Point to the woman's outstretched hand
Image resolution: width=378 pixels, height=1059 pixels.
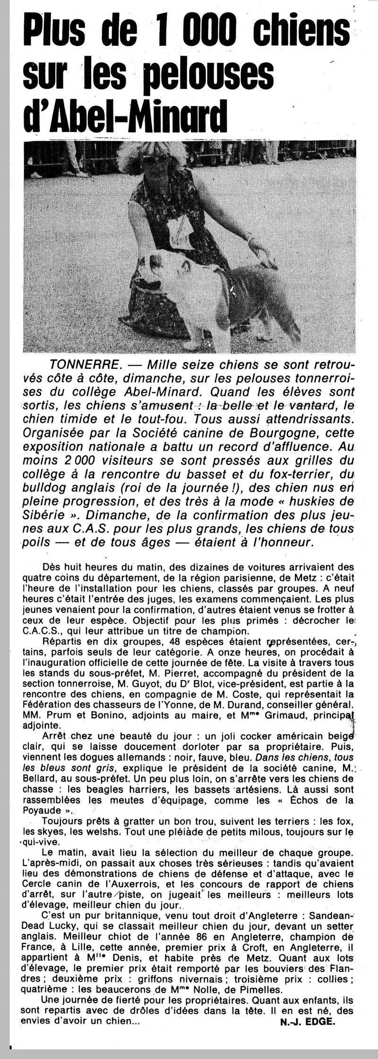258,246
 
